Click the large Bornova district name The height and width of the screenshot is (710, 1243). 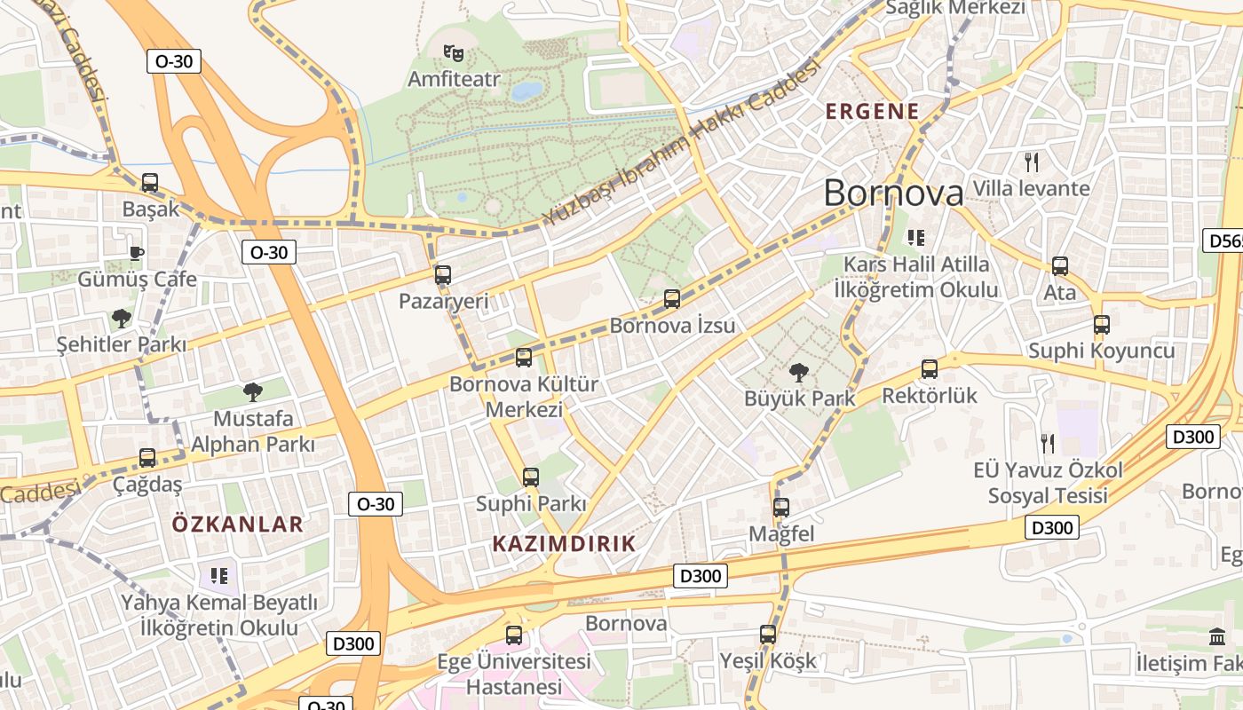[893, 193]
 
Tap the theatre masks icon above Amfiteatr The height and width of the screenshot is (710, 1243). [454, 53]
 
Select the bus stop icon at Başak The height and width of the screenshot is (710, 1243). [150, 183]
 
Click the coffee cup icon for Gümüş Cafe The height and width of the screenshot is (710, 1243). [136, 253]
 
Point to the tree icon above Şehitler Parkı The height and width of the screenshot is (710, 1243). [121, 318]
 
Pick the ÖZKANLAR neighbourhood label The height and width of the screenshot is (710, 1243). [238, 524]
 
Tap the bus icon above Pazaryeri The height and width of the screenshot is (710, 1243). [443, 275]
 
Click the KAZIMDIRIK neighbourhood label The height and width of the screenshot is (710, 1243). [564, 544]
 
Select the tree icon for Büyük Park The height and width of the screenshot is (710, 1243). [798, 373]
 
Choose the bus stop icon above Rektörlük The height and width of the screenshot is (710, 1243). [930, 369]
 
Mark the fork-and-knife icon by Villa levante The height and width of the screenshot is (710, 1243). [1032, 162]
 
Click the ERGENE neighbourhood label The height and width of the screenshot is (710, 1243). [873, 112]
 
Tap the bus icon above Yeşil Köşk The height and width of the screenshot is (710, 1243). [768, 635]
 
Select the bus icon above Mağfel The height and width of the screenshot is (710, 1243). [781, 508]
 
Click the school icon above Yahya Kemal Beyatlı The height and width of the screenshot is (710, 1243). [219, 576]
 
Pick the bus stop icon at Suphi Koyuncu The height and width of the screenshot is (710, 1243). [1102, 325]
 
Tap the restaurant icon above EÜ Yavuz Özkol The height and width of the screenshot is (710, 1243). [1048, 443]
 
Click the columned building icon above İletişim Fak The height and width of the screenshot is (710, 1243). [1217, 636]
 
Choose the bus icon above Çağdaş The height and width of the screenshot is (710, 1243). [147, 458]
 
